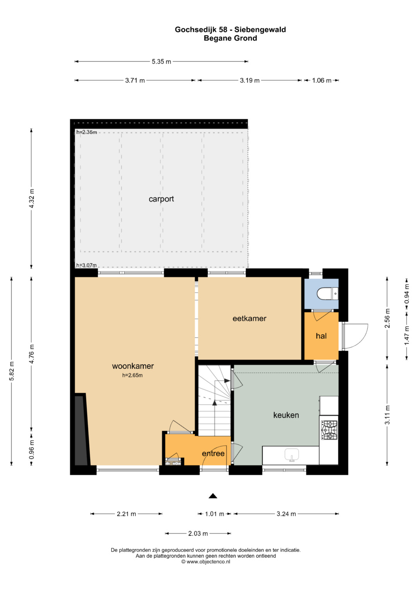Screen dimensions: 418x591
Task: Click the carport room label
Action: (x=161, y=199)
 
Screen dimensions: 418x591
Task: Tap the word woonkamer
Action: (x=133, y=366)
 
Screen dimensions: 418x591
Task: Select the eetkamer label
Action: (x=249, y=319)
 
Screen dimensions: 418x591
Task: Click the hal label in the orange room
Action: (x=321, y=336)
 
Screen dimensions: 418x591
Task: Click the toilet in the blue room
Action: (x=327, y=294)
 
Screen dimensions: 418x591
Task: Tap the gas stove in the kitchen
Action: (x=329, y=431)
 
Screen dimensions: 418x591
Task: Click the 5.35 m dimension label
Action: (x=161, y=62)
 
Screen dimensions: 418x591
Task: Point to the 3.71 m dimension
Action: (x=135, y=81)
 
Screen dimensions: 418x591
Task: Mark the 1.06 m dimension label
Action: (x=321, y=81)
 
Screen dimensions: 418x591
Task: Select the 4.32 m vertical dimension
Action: (x=31, y=199)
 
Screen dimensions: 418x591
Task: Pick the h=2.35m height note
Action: (x=87, y=132)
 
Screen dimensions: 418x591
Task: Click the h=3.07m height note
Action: (x=87, y=265)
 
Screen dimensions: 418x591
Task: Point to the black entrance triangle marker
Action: (x=213, y=496)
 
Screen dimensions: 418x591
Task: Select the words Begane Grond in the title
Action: (x=230, y=38)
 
